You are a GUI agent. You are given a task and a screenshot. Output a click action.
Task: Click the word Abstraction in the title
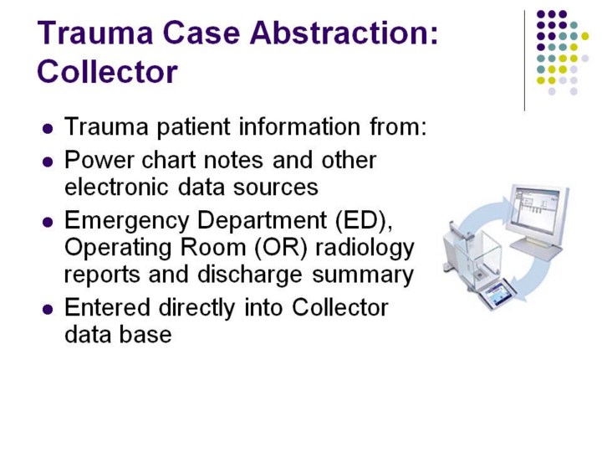(344, 33)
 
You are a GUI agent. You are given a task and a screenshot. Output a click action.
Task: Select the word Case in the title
(202, 33)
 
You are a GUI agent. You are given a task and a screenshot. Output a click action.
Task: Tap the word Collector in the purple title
(107, 71)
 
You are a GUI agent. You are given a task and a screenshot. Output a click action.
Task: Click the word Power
(99, 160)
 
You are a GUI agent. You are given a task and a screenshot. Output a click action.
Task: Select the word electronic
(116, 187)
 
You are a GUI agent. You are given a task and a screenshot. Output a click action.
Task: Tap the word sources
(276, 187)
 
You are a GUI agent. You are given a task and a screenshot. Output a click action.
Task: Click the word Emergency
(127, 221)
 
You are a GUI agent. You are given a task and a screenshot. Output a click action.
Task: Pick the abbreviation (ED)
(364, 221)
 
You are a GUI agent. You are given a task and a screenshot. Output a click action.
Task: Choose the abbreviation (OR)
(282, 248)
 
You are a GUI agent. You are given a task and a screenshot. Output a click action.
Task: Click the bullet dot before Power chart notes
(48, 162)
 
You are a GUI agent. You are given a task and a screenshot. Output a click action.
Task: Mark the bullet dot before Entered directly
(48, 310)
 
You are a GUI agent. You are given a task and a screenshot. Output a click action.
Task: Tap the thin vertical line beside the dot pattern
(524, 61)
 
